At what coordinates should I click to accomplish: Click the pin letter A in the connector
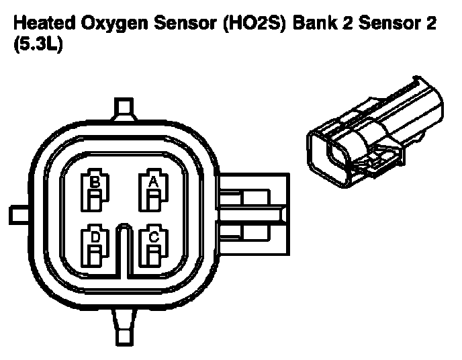point(153,181)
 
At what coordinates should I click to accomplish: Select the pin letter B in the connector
point(95,181)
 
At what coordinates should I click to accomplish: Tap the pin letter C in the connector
point(153,236)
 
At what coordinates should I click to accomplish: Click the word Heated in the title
point(42,24)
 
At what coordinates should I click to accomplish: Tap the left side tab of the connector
point(19,214)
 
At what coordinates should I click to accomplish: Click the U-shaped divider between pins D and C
point(124,249)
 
